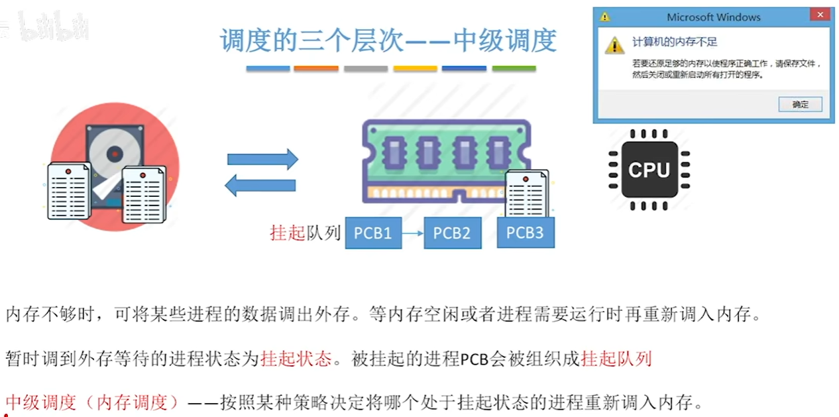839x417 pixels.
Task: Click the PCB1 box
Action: click(x=373, y=233)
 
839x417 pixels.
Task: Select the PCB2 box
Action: click(x=452, y=233)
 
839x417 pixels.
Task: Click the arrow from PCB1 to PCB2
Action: click(x=412, y=233)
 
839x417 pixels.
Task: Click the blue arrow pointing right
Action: click(x=262, y=159)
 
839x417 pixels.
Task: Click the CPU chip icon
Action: click(x=649, y=170)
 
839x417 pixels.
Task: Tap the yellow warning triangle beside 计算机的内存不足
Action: click(x=615, y=44)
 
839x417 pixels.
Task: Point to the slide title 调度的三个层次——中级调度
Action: click(x=388, y=41)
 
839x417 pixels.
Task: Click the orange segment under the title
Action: click(x=316, y=68)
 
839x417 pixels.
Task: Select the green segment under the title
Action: click(x=514, y=68)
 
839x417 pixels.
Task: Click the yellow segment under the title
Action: click(x=415, y=68)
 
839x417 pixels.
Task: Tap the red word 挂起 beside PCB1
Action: click(x=288, y=233)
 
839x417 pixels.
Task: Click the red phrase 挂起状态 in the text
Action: click(x=296, y=359)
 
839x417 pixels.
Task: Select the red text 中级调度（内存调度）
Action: click(x=93, y=402)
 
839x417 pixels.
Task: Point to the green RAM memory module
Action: click(x=445, y=159)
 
